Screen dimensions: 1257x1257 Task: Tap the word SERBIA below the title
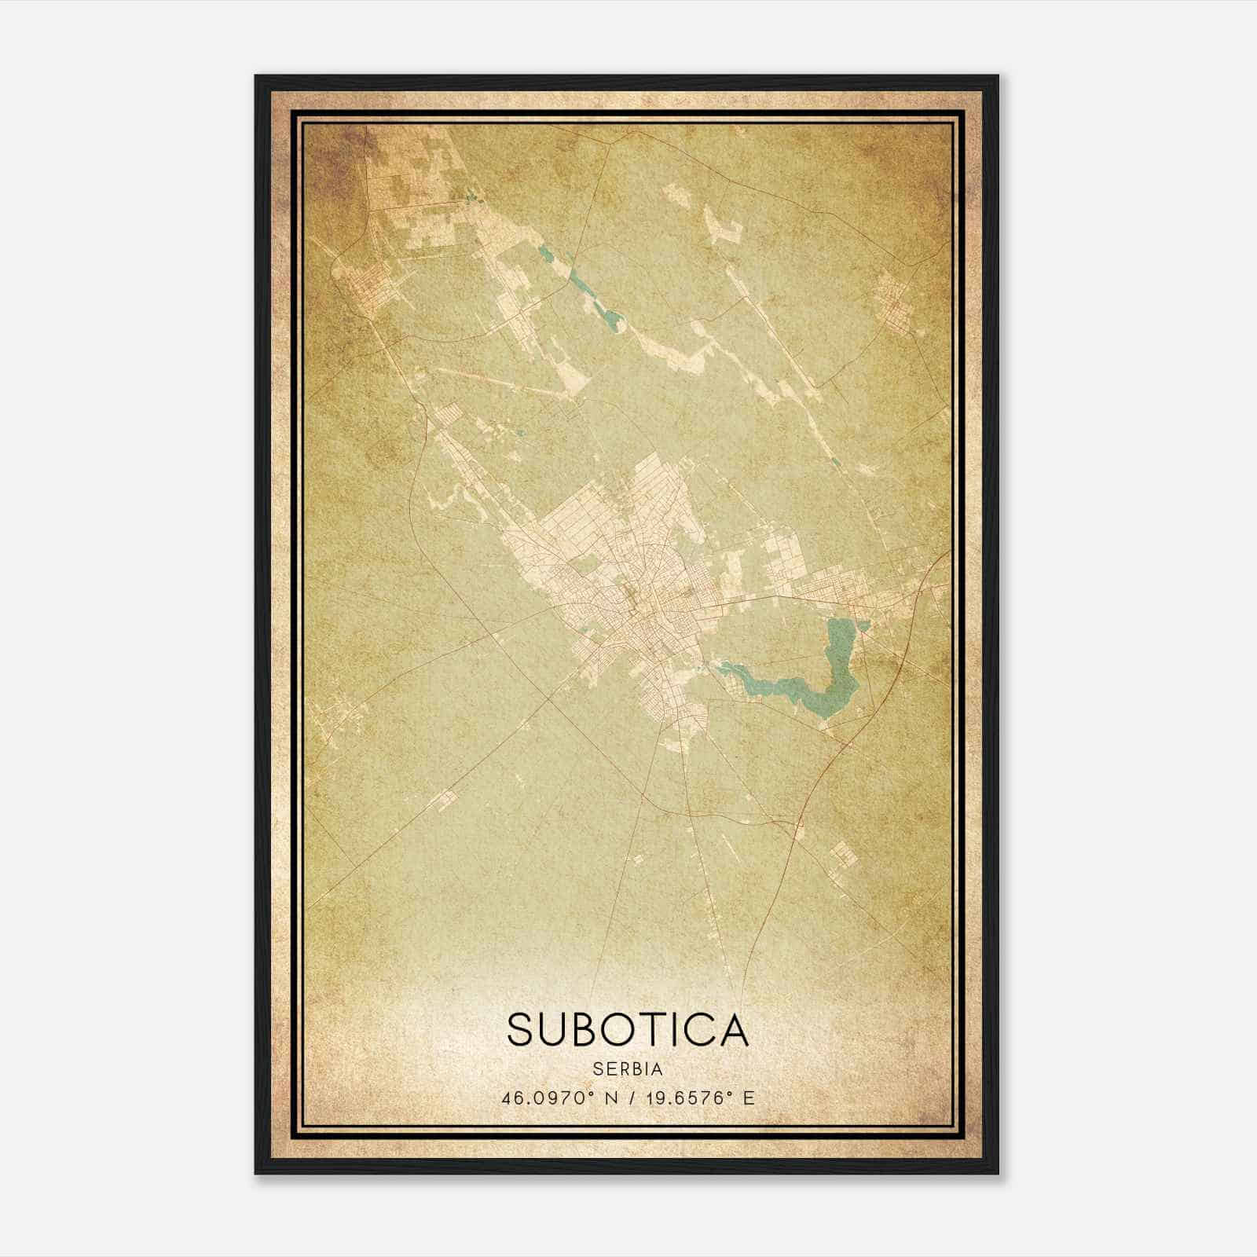click(x=628, y=1068)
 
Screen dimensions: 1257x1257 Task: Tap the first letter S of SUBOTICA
click(x=522, y=1029)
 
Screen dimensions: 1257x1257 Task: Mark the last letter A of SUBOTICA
click(x=732, y=1029)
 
